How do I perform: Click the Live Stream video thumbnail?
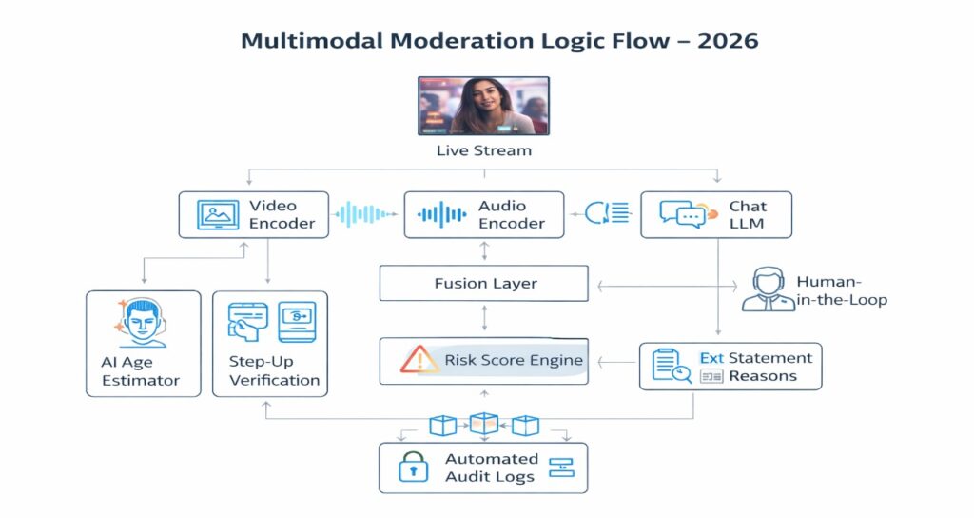483,106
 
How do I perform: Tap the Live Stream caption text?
483,150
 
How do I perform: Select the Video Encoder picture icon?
217,214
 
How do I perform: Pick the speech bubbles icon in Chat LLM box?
683,214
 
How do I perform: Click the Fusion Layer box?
485,283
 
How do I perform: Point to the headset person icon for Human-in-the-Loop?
766,290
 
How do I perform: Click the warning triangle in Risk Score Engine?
419,360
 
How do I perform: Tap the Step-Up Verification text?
274,370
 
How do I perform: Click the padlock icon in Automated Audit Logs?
413,467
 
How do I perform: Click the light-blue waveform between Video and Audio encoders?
364,214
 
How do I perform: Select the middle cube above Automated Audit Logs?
484,423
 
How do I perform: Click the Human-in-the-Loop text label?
841,290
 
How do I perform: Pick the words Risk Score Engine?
514,361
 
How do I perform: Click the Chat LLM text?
747,214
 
